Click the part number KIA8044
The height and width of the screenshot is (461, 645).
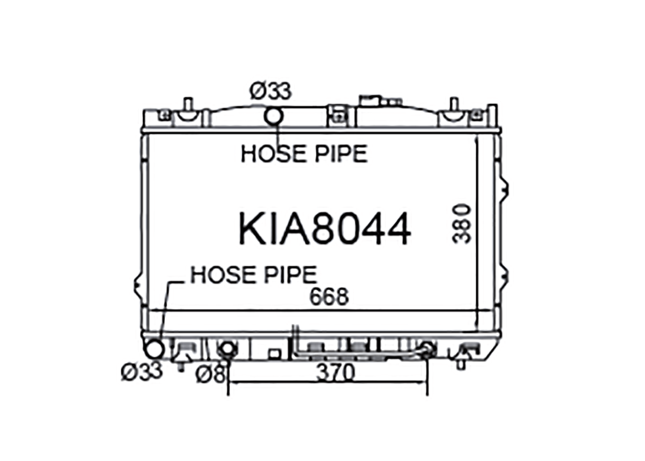coord(325,229)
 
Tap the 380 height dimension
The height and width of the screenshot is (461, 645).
coord(461,224)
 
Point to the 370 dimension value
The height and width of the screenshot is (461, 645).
coord(335,372)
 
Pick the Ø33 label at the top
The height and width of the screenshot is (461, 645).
coord(270,91)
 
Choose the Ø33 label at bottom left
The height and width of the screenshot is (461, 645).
coord(142,372)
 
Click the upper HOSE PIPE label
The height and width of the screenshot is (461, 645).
coord(304,154)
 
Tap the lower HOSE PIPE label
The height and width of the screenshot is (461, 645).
coord(254,275)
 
